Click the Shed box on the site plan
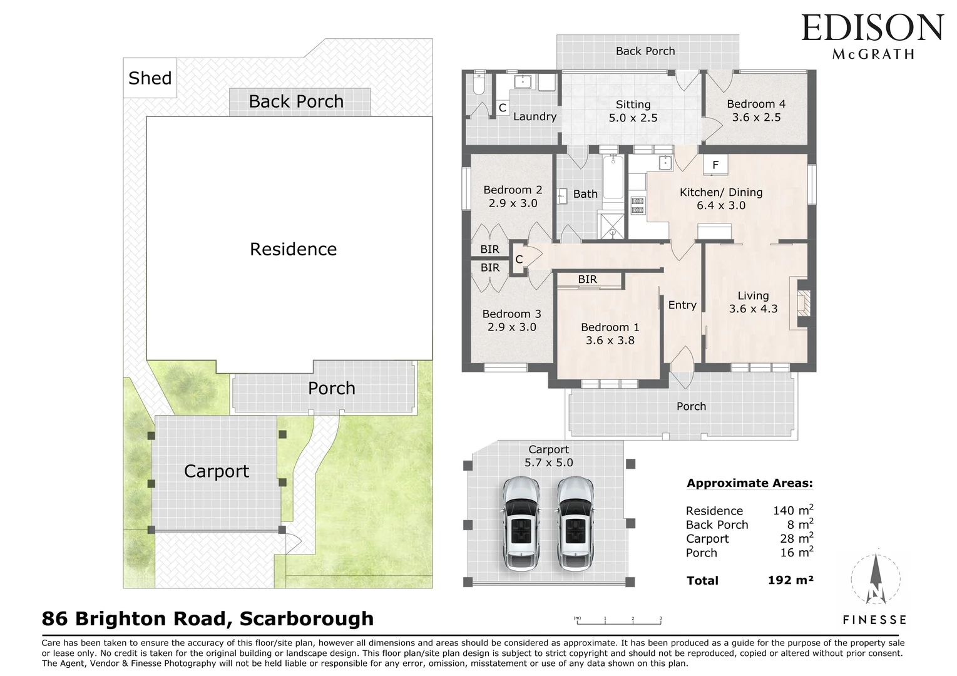point(150,78)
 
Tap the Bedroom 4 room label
point(756,104)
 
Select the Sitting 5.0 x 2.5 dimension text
point(633,118)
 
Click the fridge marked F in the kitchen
point(715,165)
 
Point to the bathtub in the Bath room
point(613,178)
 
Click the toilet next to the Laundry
point(478,84)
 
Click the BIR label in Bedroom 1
point(587,279)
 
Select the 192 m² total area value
point(790,580)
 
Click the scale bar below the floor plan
point(618,621)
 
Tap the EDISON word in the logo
point(872,28)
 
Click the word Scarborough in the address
point(307,618)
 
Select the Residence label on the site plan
point(293,249)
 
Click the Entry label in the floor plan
point(682,305)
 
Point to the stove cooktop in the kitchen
point(637,205)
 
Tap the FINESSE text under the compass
point(874,620)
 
